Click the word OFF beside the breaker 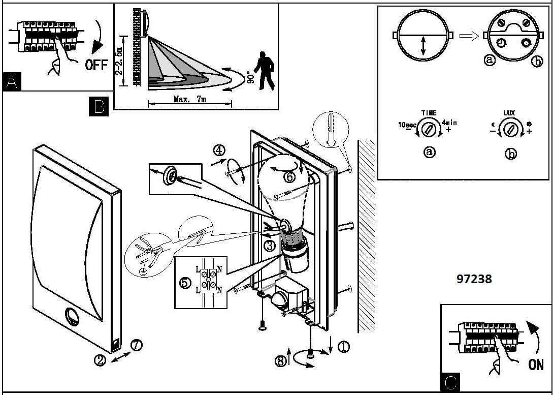click(96, 65)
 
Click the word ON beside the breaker click(535, 364)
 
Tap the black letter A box click(12, 82)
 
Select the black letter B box click(99, 106)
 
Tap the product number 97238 click(474, 279)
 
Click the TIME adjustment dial click(429, 127)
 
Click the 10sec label click(408, 125)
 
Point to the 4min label click(450, 123)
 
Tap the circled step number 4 click(219, 150)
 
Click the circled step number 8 click(280, 361)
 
